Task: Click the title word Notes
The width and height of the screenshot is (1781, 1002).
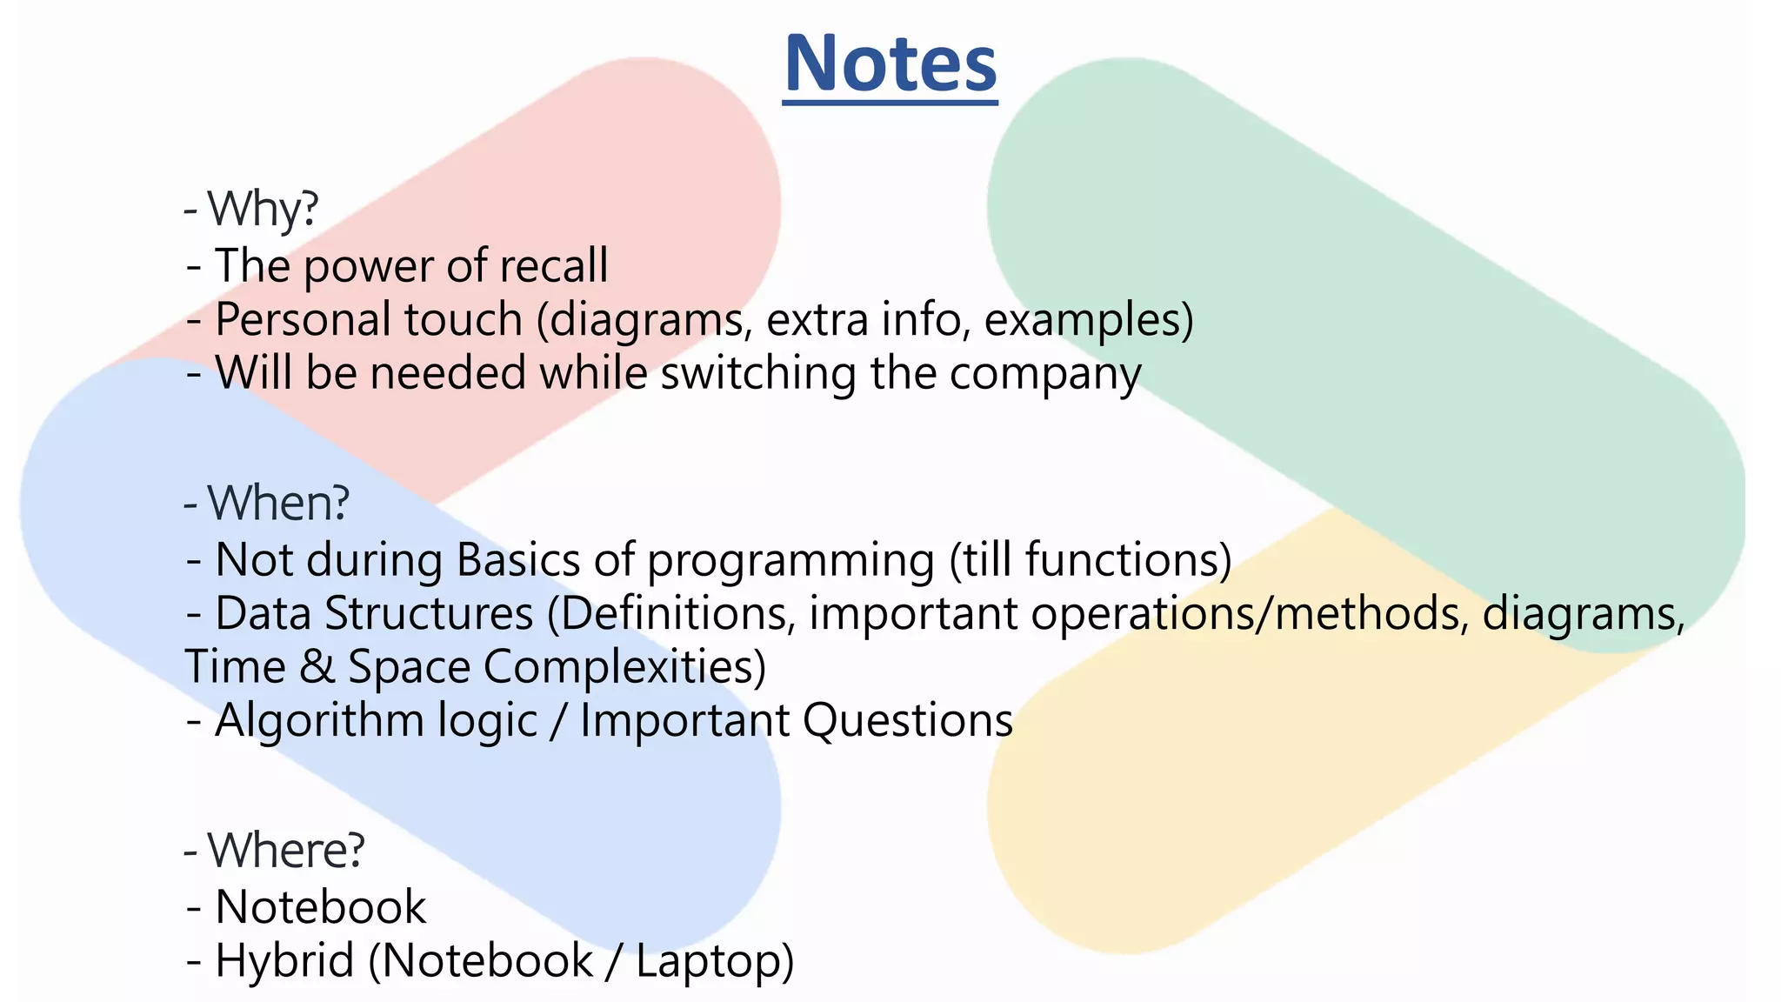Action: pos(890,64)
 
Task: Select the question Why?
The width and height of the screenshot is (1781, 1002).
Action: pos(263,209)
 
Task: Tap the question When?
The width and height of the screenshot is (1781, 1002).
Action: pos(278,503)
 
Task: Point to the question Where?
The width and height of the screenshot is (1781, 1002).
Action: pos(286,850)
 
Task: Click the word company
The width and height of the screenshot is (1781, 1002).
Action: pos(1044,373)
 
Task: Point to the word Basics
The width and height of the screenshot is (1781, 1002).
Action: pos(517,559)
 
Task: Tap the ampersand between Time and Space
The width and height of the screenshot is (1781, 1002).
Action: pos(317,667)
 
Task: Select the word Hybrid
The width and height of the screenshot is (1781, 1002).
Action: pos(284,961)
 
